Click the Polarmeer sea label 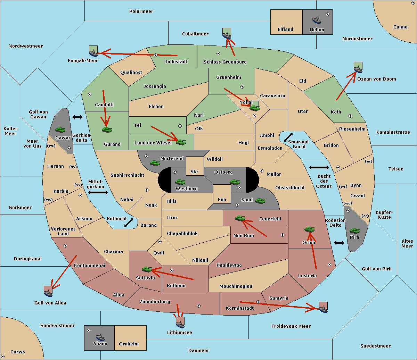tap(141, 11)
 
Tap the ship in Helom tap(316, 20)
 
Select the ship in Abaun tap(100, 337)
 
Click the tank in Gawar tap(60, 130)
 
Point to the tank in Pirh tap(354, 231)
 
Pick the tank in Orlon tap(309, 229)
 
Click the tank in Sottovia tap(147, 269)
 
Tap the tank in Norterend tap(155, 163)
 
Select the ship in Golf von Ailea tap(48, 293)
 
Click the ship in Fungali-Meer tap(93, 53)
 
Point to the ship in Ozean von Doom tap(358, 69)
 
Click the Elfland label tap(285, 30)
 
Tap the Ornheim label tap(129, 344)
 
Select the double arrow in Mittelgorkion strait tap(98, 193)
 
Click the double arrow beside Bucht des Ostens tap(319, 168)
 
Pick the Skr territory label tap(195, 172)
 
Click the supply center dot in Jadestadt tap(156, 55)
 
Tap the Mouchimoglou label tap(236, 286)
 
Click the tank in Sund tap(260, 201)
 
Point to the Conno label tap(400, 27)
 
